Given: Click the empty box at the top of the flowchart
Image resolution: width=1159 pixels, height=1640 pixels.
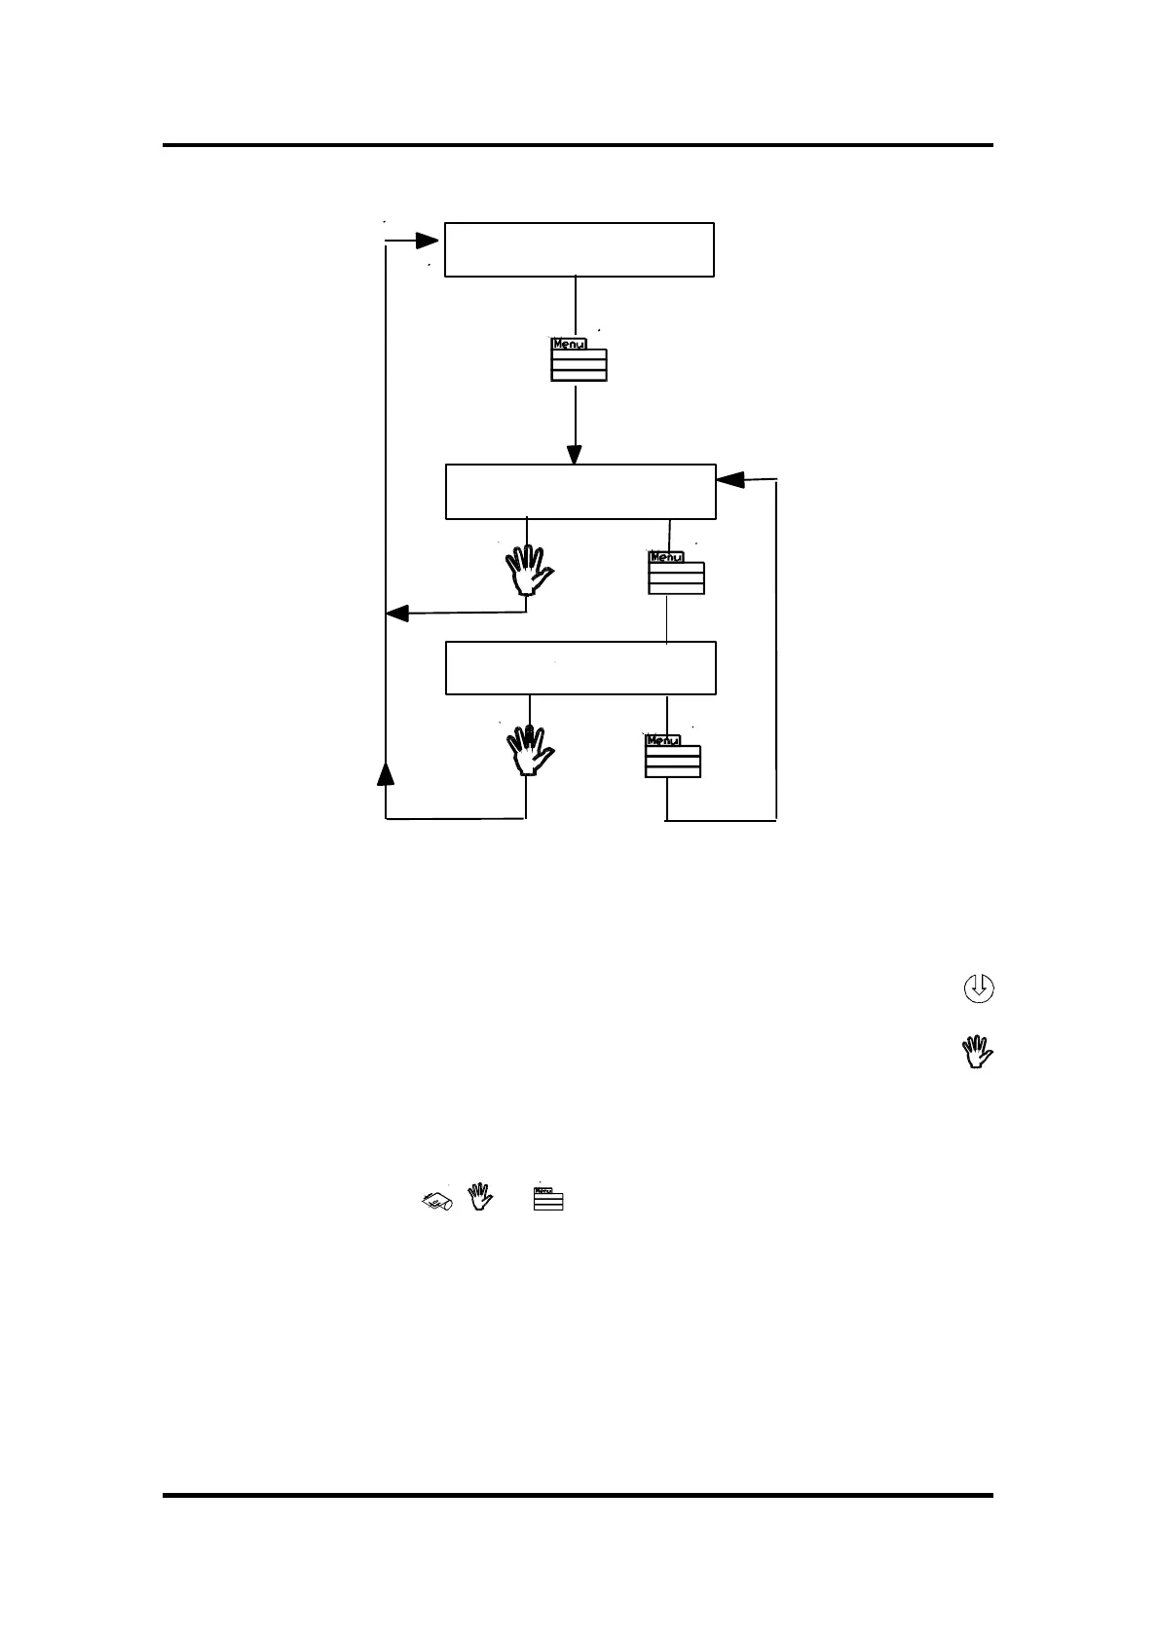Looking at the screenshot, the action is [x=579, y=249].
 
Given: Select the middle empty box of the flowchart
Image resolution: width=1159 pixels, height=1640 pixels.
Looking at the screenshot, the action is [x=580, y=492].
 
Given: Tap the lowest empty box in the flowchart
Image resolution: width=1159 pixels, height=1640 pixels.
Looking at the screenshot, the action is [x=580, y=668].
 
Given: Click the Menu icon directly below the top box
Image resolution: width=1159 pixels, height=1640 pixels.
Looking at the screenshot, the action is [x=579, y=359].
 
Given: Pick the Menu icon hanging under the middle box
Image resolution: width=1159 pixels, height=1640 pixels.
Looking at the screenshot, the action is [x=676, y=573].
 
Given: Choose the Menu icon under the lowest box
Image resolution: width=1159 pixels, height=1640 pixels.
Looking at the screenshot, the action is [x=672, y=756].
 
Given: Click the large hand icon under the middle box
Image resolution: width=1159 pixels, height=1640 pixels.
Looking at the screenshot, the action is [x=528, y=570].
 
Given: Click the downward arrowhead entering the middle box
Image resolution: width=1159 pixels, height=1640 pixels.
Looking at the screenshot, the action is [x=575, y=455].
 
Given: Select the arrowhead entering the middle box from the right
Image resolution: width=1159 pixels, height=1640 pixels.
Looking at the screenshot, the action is [x=730, y=479].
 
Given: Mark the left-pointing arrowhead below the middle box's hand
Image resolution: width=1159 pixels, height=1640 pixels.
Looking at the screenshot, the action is [x=397, y=614].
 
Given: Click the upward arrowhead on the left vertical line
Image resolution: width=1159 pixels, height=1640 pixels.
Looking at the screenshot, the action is [x=386, y=774].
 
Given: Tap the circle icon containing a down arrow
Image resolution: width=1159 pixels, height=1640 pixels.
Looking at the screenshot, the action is [x=978, y=988].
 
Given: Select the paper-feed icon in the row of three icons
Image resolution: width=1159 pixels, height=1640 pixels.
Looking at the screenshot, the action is [x=437, y=1201].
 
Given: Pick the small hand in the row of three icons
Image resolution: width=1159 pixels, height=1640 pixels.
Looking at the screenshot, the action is [x=478, y=1197].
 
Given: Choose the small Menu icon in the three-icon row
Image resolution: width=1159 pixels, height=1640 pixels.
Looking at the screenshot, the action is [x=548, y=1199].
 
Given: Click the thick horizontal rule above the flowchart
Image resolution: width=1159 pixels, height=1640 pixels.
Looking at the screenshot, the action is [x=578, y=145].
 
